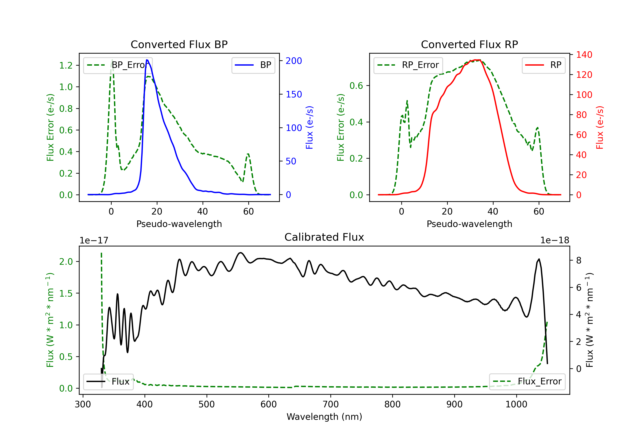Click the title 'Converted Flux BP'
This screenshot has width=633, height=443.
[179, 44]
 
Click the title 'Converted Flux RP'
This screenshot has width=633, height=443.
[469, 44]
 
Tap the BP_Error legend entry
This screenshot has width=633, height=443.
[118, 65]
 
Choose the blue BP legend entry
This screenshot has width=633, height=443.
[253, 65]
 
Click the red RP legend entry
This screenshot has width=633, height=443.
[543, 65]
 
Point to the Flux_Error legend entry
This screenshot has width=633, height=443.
[527, 382]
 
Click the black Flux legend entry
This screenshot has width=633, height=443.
[108, 382]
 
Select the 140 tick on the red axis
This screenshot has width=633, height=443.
[584, 55]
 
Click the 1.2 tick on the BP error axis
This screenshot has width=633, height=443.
[66, 65]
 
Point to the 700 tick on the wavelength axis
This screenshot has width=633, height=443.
[331, 404]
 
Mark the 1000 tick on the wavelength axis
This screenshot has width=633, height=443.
[516, 404]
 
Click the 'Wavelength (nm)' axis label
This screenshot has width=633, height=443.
[324, 417]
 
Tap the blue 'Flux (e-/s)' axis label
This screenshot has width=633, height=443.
[309, 127]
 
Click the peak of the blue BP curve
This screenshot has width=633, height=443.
[147, 60]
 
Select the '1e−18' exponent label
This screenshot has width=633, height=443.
[555, 240]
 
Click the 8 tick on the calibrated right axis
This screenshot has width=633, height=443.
[579, 261]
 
